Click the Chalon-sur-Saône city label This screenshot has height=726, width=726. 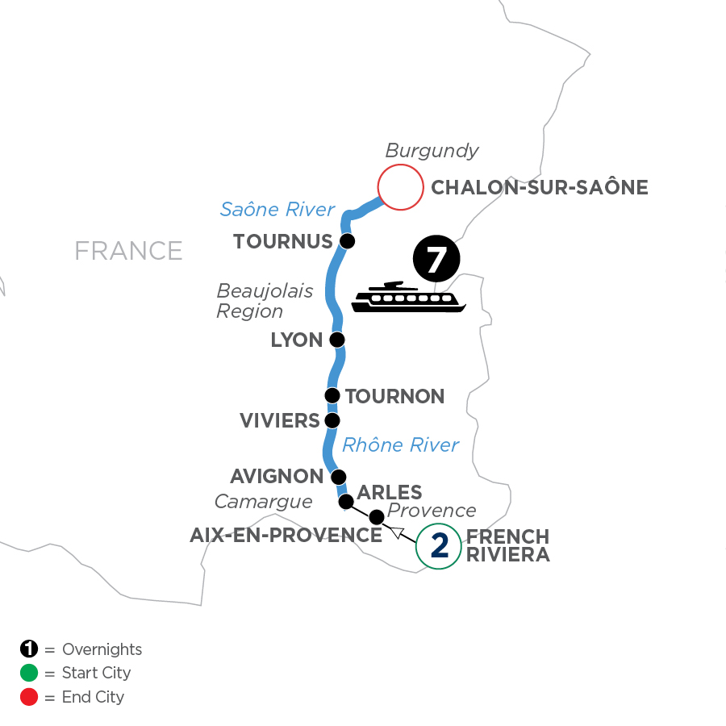click(x=540, y=188)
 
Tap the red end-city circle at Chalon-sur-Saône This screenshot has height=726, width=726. click(x=401, y=188)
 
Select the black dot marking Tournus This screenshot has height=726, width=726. click(x=347, y=241)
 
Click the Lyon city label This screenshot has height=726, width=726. click(x=297, y=340)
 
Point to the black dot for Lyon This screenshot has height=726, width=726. click(x=337, y=340)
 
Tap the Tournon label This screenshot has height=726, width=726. click(x=394, y=396)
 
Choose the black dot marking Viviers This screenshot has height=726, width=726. click(x=332, y=420)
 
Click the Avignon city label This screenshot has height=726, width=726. click(x=277, y=477)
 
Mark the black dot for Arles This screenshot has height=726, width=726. click(x=346, y=502)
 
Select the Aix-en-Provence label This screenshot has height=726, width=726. click(x=286, y=535)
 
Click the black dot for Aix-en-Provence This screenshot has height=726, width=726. click(x=376, y=516)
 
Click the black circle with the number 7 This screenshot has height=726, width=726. click(x=436, y=261)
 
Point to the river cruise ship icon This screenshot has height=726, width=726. click(x=409, y=298)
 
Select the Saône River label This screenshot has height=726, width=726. click(x=277, y=210)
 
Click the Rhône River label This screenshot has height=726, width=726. click(x=400, y=444)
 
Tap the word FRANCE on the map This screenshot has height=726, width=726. click(x=128, y=251)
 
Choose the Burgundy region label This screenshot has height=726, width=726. click(x=432, y=151)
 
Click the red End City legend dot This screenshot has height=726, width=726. click(x=30, y=696)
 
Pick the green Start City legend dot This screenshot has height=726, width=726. click(x=30, y=673)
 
